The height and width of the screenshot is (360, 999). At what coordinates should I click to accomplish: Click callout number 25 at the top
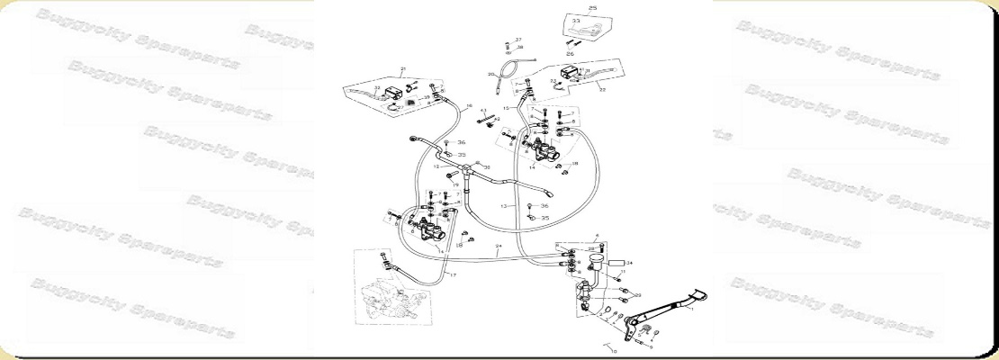point(592,8)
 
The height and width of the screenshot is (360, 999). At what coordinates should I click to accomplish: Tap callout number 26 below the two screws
point(570,54)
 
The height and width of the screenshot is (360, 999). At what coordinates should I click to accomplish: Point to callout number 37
point(518,40)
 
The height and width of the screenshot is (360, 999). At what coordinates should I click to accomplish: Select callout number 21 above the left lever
point(404,69)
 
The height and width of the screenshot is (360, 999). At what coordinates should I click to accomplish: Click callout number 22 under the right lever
point(601,90)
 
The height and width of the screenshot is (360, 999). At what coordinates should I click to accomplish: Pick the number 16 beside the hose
point(469,106)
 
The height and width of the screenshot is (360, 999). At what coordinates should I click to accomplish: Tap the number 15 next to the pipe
point(507,108)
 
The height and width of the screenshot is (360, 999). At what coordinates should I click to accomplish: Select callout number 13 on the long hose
point(504,207)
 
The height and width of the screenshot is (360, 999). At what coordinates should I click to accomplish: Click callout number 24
point(498,246)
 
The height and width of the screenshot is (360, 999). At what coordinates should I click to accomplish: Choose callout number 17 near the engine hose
point(453,274)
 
